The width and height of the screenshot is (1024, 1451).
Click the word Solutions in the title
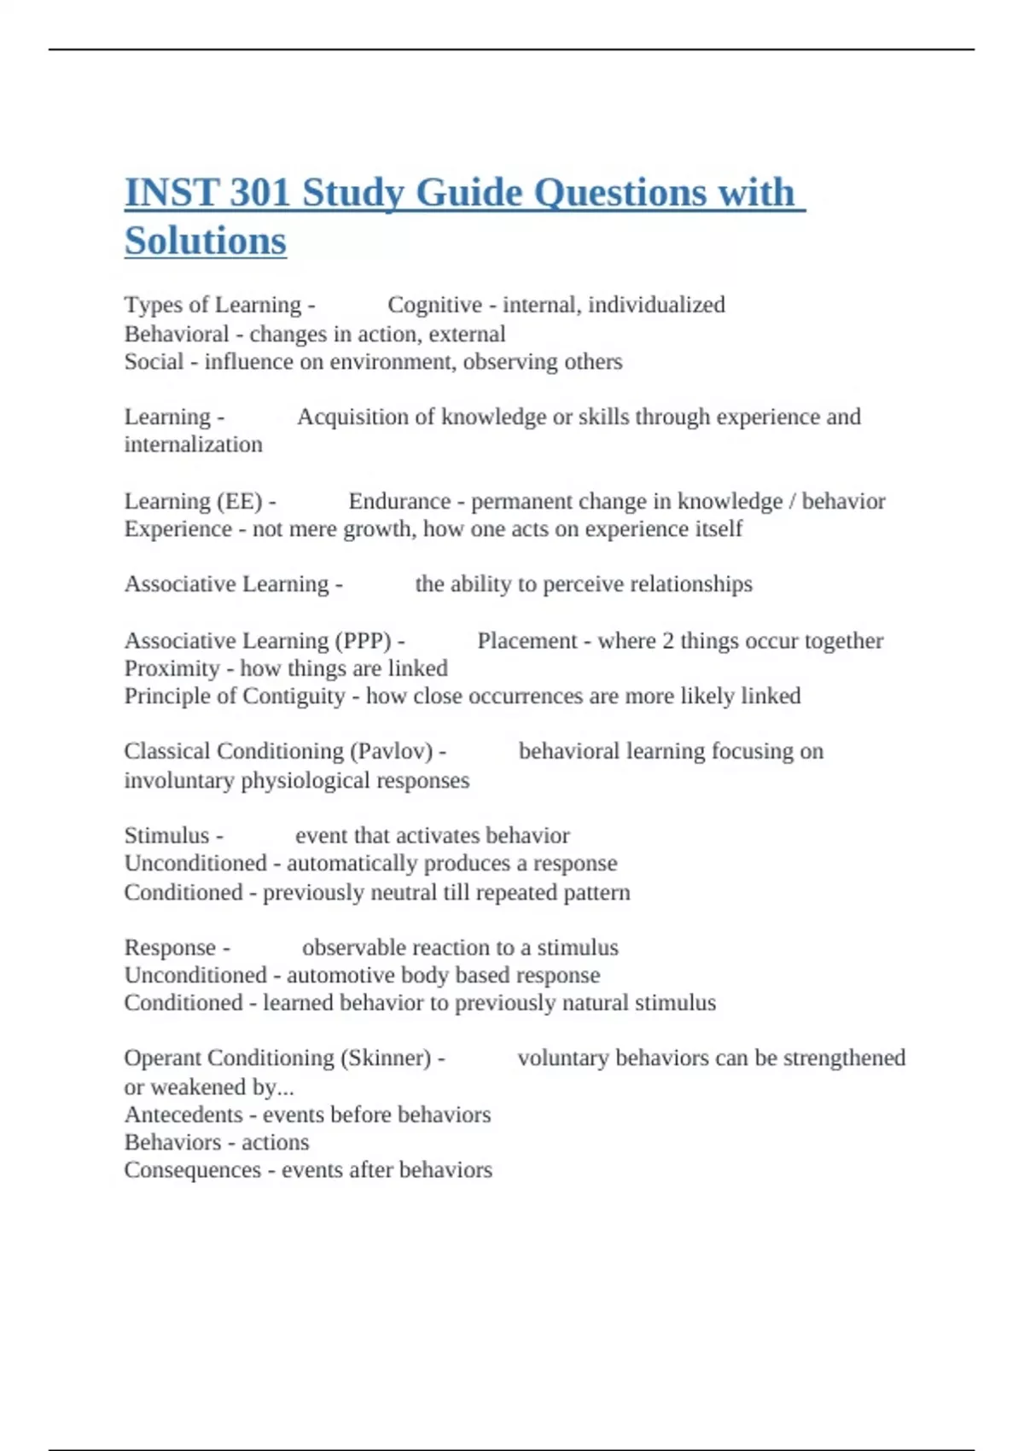(205, 241)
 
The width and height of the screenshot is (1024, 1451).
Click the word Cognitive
(434, 305)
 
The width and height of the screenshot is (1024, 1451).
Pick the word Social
(154, 362)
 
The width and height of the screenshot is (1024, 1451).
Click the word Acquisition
(348, 417)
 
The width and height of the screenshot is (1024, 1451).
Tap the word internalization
(193, 445)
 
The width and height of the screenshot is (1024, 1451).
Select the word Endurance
(399, 501)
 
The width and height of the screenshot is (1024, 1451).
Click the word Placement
(527, 640)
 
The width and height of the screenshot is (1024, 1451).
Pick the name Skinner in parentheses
(386, 1058)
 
